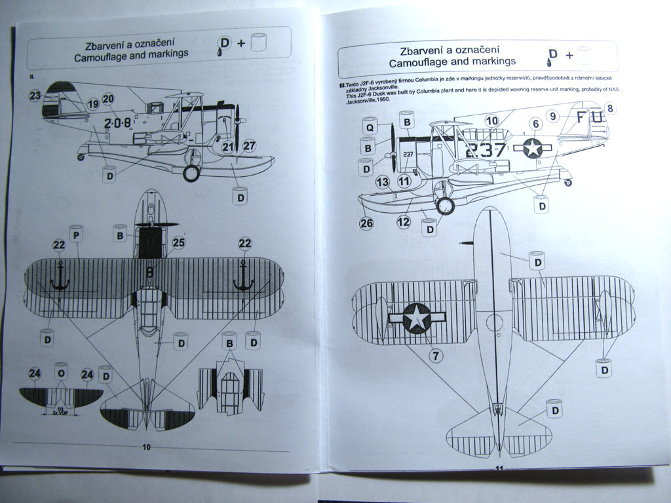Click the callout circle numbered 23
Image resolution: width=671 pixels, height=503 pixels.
tap(35, 96)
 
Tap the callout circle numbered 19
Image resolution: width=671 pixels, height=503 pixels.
tap(92, 103)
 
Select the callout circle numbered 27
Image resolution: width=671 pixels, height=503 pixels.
tap(249, 146)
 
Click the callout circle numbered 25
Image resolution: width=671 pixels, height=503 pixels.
tap(178, 243)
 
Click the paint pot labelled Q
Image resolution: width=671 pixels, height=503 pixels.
tap(368, 127)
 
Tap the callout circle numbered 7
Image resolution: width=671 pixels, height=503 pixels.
tap(435, 356)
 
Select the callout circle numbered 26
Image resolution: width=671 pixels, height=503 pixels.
tap(366, 223)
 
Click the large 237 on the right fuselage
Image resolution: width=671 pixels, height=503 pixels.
tap(486, 150)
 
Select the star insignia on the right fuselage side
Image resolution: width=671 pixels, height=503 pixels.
tap(533, 148)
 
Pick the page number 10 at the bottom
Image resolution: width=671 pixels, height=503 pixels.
tap(146, 447)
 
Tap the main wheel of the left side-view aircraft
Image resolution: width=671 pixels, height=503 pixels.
tap(191, 173)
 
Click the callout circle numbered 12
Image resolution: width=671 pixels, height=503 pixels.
tap(404, 221)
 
